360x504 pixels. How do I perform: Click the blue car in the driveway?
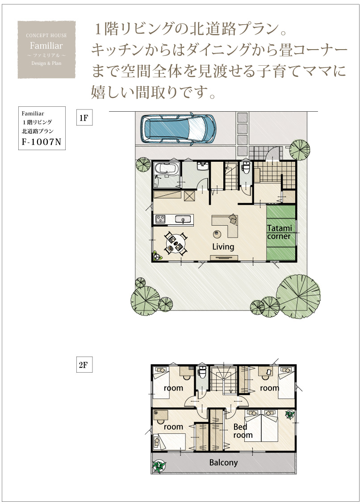click(178, 129)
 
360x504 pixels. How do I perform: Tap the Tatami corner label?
click(279, 232)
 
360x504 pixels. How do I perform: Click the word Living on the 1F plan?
click(223, 247)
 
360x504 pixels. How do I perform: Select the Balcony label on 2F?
click(224, 462)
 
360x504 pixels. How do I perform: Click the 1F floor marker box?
click(84, 118)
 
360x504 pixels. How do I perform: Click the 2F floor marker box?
click(84, 365)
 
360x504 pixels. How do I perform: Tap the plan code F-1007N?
click(42, 142)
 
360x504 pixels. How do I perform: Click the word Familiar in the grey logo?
click(46, 45)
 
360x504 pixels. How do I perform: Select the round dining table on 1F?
click(176, 244)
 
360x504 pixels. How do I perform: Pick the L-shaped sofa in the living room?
click(226, 225)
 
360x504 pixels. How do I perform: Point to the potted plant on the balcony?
click(159, 466)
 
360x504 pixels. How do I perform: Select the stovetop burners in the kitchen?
click(160, 219)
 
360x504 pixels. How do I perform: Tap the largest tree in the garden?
click(298, 297)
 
